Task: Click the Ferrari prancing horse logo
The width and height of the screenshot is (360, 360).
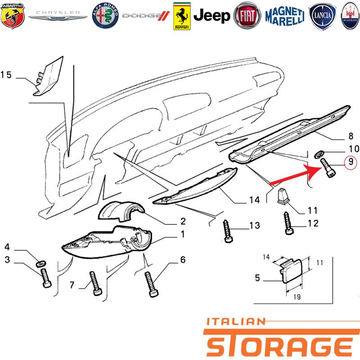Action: click(182, 16)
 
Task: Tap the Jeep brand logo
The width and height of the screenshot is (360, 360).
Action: click(211, 16)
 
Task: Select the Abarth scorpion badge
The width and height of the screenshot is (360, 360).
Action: click(12, 16)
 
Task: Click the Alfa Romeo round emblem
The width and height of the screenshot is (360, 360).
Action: click(105, 16)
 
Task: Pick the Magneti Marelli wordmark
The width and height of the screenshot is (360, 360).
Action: click(285, 16)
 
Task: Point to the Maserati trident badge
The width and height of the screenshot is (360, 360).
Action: click(350, 16)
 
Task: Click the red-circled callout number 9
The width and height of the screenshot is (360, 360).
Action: click(351, 162)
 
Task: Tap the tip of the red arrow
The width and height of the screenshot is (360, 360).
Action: click(321, 167)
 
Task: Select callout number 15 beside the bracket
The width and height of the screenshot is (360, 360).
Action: click(6, 75)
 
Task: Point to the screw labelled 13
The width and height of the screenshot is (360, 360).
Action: click(227, 231)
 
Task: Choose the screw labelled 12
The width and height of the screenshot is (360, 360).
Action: click(288, 223)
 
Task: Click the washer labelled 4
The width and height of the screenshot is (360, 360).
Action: click(41, 264)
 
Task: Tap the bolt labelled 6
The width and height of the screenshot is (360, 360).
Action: click(151, 284)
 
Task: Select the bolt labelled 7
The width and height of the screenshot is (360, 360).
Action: click(95, 283)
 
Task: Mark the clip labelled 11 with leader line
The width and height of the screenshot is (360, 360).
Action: click(283, 196)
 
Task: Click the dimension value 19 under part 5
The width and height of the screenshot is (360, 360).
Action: click(297, 297)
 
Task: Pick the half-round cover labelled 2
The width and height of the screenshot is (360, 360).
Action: click(121, 211)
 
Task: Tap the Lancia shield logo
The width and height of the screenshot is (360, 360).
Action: click(322, 16)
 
